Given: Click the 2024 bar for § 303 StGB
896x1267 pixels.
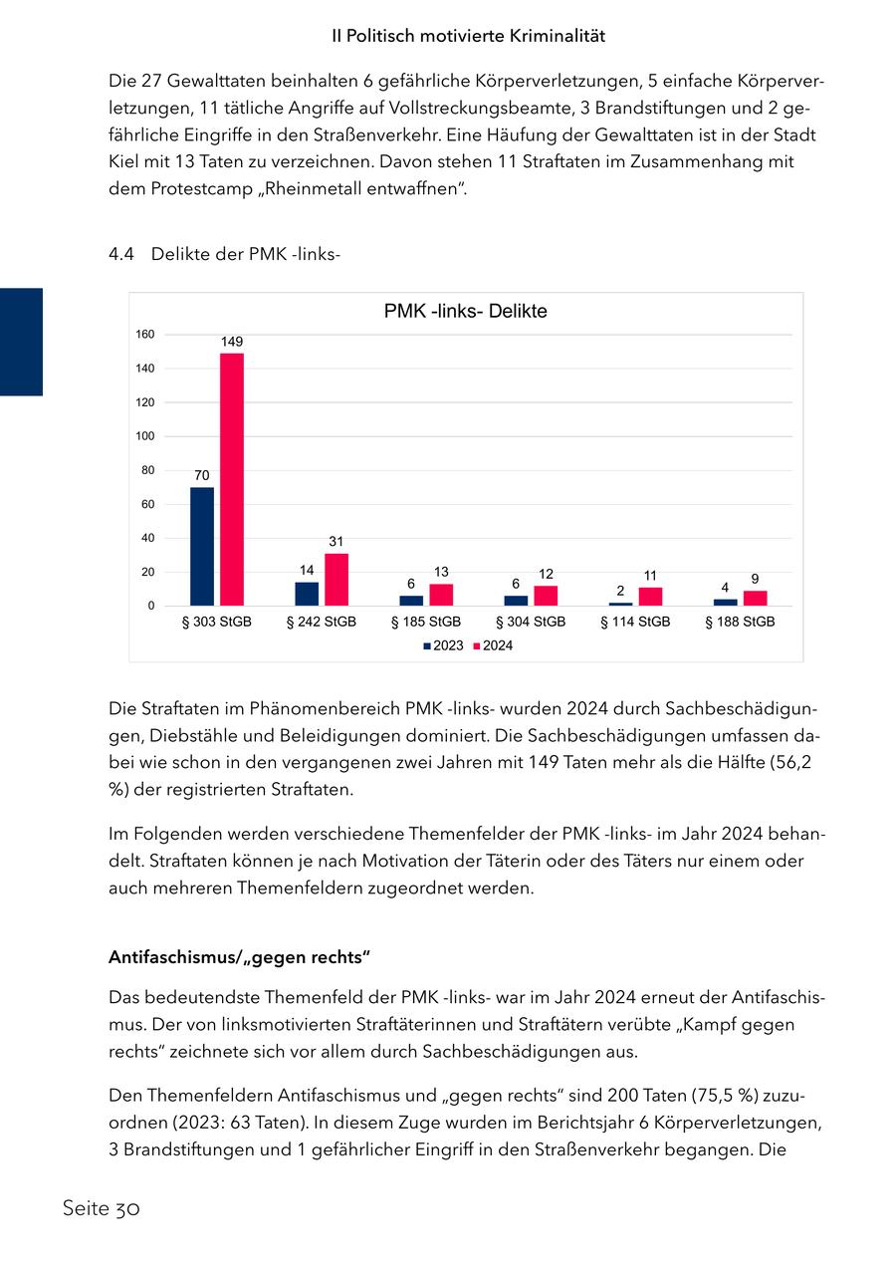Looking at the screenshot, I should pyautogui.click(x=232, y=479).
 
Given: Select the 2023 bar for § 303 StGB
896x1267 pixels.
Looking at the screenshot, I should pyautogui.click(x=202, y=546).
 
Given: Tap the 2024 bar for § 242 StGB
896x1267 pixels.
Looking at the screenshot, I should pyautogui.click(x=336, y=580).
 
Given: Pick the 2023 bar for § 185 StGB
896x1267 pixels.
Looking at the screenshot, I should pyautogui.click(x=411, y=601).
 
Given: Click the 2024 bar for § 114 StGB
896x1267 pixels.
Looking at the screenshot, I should pyautogui.click(x=650, y=597).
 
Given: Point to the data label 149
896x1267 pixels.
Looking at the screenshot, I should pyautogui.click(x=232, y=342).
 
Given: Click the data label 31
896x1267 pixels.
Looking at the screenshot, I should pyautogui.click(x=336, y=541).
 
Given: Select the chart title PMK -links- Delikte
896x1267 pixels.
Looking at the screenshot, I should pyautogui.click(x=465, y=312).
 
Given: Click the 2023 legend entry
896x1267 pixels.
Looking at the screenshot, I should pyautogui.click(x=443, y=645).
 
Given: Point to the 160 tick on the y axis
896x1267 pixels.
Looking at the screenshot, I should pyautogui.click(x=145, y=335).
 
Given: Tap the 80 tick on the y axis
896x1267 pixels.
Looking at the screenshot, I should pyautogui.click(x=147, y=470).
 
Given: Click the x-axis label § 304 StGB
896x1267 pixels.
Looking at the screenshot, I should pyautogui.click(x=531, y=622).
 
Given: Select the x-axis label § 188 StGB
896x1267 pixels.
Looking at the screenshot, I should pyautogui.click(x=740, y=622).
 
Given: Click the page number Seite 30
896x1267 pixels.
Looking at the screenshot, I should pyautogui.click(x=101, y=1209).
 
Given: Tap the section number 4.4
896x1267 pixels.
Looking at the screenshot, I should pyautogui.click(x=120, y=255).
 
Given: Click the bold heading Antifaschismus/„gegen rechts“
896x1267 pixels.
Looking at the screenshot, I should pyautogui.click(x=239, y=958).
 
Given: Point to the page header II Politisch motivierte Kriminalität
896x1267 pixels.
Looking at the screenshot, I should pyautogui.click(x=469, y=36).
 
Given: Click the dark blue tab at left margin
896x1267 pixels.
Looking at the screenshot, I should pyautogui.click(x=21, y=342).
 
